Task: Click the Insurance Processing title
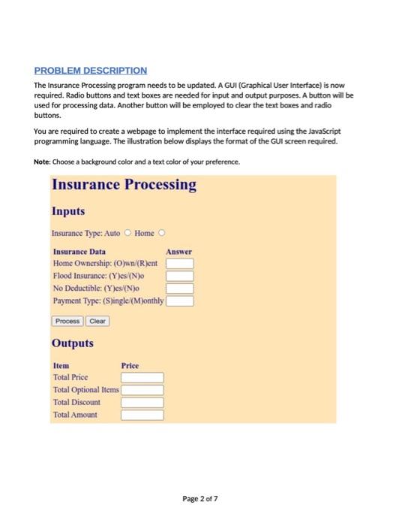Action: tap(124, 184)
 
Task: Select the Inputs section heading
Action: tap(68, 211)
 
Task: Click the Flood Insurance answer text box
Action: tap(180, 276)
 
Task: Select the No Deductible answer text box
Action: tap(180, 289)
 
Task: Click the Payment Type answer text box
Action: tap(180, 301)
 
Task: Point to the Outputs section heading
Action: tap(73, 343)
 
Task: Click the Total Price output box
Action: tap(142, 377)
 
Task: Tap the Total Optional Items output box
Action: tap(142, 390)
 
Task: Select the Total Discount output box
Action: tap(142, 402)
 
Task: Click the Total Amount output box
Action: tap(142, 414)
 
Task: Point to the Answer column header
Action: tap(179, 252)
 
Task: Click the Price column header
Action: tap(130, 365)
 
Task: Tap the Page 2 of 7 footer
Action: tap(202, 498)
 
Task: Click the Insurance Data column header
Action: tap(79, 252)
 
